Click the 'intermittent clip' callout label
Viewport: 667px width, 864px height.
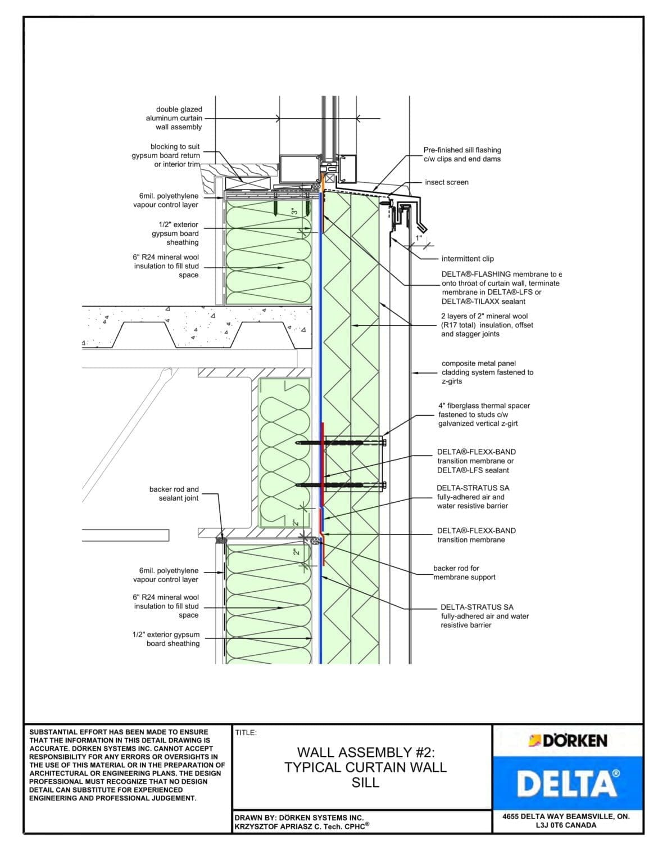(468, 259)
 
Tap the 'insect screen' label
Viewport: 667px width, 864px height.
(446, 182)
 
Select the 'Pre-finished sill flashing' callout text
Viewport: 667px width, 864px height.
(462, 155)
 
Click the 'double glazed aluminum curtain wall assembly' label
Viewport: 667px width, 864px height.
(174, 118)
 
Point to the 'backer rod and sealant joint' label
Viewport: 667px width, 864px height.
(174, 494)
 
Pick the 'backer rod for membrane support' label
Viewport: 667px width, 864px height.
(464, 573)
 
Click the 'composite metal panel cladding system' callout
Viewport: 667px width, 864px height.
(487, 372)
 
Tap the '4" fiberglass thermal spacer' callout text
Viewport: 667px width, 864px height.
(484, 415)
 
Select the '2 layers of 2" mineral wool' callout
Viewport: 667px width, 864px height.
(487, 325)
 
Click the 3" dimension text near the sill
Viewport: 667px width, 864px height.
(294, 211)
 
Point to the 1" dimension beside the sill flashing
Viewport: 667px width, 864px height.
(418, 238)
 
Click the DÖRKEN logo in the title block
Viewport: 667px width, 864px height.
(568, 741)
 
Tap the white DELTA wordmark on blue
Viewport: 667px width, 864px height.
(568, 784)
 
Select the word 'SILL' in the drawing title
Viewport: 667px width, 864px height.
(365, 782)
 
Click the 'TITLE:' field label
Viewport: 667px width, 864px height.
(246, 732)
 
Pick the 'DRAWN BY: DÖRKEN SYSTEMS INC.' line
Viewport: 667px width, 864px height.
(299, 817)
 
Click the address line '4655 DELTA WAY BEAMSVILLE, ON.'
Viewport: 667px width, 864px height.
(566, 816)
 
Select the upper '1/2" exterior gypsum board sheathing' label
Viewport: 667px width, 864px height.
(175, 233)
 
